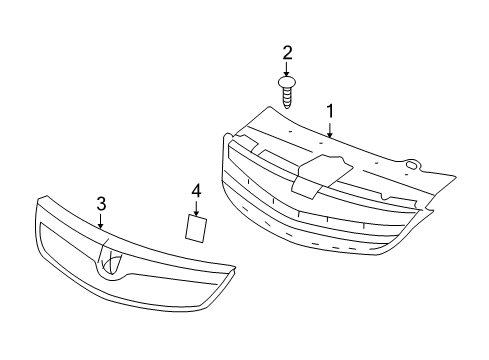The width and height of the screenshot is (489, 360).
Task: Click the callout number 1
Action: tap(329, 110)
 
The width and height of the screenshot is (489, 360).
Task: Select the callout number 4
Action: tap(197, 189)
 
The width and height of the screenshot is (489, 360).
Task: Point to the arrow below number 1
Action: tap(329, 128)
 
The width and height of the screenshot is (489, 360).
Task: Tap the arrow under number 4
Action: tap(197, 208)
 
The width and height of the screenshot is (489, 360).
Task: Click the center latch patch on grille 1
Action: tap(319, 172)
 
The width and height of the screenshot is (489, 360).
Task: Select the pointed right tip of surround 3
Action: tap(236, 268)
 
